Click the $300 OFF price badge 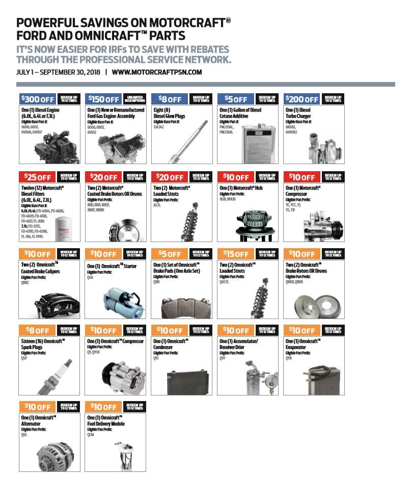tap(37, 99)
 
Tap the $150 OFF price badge tap(103, 99)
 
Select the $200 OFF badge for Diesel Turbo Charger tap(301, 99)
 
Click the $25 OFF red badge tap(37, 177)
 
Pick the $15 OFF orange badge tap(235, 254)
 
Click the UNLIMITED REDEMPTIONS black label tap(135, 99)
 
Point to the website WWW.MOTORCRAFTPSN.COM tap(157, 72)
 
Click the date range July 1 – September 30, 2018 tap(59, 72)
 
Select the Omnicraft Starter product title tap(112, 266)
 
